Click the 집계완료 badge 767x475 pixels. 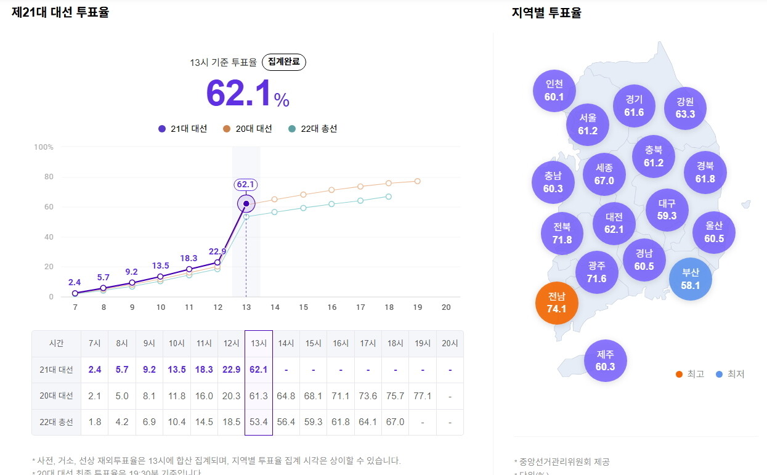click(284, 62)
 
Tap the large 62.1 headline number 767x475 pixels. click(239, 94)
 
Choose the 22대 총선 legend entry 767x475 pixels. click(313, 129)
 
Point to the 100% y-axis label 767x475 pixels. click(44, 147)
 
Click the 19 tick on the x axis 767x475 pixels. click(417, 307)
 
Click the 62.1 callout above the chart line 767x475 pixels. click(246, 184)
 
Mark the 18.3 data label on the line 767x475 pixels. click(189, 259)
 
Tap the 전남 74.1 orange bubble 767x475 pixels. click(557, 302)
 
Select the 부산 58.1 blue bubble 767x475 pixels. click(691, 279)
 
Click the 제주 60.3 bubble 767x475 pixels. click(606, 360)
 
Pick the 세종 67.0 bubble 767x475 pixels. click(604, 174)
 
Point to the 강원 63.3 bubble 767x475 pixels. click(685, 108)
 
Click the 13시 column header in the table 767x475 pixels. click(259, 344)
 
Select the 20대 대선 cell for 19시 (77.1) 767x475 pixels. click(422, 396)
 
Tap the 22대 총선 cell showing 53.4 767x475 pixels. click(259, 422)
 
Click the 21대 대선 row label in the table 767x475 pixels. click(56, 370)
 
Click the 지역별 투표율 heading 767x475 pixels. click(546, 12)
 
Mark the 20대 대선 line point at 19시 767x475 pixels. click(417, 181)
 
